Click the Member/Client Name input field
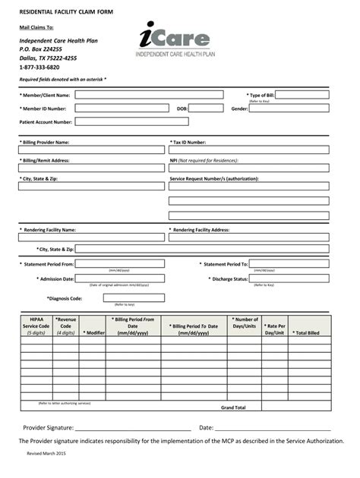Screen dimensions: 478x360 coord(149,95)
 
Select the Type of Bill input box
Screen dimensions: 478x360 coord(302,95)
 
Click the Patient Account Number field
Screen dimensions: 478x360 coord(131,121)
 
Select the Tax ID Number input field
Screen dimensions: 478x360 coord(248,149)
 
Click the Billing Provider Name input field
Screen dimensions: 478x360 coord(91,149)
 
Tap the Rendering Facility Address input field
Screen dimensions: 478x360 coord(248,237)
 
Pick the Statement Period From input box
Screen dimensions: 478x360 coord(119,264)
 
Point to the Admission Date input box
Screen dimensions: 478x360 coord(119,278)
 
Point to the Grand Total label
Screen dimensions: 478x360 coord(233,407)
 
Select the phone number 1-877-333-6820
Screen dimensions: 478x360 coord(39,67)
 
